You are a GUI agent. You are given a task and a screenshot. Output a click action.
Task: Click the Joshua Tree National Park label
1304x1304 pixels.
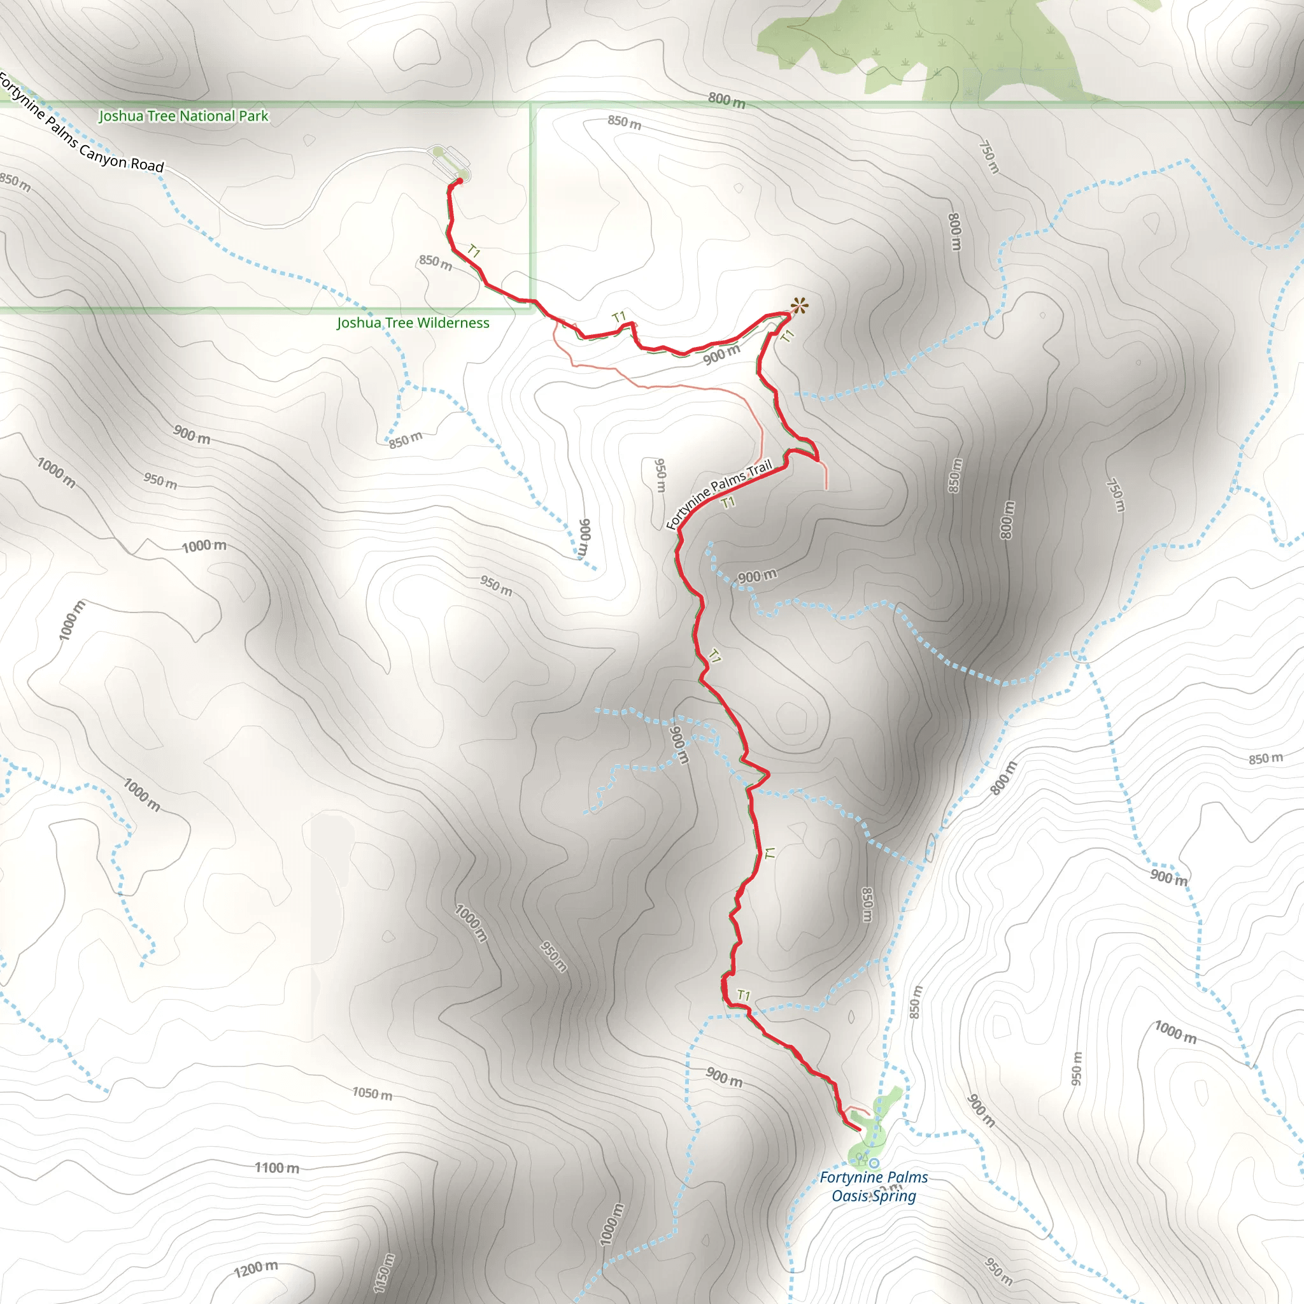click(x=183, y=116)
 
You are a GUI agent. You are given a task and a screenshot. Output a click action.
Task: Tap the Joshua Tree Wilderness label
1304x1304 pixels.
click(x=413, y=323)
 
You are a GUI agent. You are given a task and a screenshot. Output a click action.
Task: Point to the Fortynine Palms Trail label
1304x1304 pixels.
click(x=719, y=494)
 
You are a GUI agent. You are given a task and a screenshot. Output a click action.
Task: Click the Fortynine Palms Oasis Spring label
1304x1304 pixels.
click(x=874, y=1187)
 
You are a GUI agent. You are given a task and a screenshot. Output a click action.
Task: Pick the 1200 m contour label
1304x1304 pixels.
click(x=256, y=1268)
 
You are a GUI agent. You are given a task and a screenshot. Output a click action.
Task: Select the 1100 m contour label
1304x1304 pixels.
click(x=277, y=1168)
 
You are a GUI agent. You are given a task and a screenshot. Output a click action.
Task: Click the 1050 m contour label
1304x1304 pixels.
click(x=372, y=1093)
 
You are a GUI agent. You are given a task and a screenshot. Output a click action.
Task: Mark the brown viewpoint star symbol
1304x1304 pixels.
click(x=799, y=306)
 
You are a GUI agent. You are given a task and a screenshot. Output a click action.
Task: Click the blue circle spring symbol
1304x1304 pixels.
click(x=874, y=1163)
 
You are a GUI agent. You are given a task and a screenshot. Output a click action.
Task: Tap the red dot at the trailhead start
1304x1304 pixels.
click(x=460, y=181)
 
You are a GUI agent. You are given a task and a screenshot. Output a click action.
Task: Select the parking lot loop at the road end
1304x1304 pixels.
click(x=449, y=161)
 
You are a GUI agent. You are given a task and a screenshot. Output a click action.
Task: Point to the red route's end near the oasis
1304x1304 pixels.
click(x=859, y=1129)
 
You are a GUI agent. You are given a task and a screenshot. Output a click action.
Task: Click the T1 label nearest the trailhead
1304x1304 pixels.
click(x=474, y=252)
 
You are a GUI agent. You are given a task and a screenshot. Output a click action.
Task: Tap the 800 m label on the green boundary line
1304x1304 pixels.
click(x=726, y=101)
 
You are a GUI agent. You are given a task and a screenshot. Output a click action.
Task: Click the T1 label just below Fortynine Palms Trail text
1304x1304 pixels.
click(x=728, y=503)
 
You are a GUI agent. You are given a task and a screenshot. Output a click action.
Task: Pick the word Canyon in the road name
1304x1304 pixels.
click(x=101, y=152)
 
